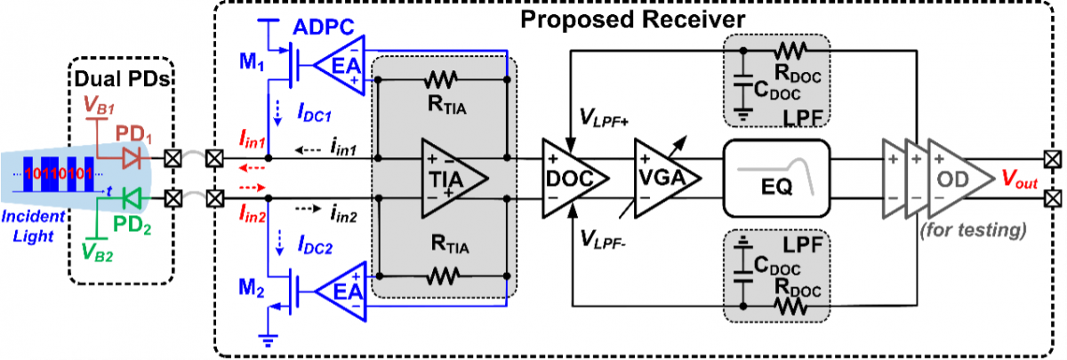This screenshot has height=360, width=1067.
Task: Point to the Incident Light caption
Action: click(x=34, y=227)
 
